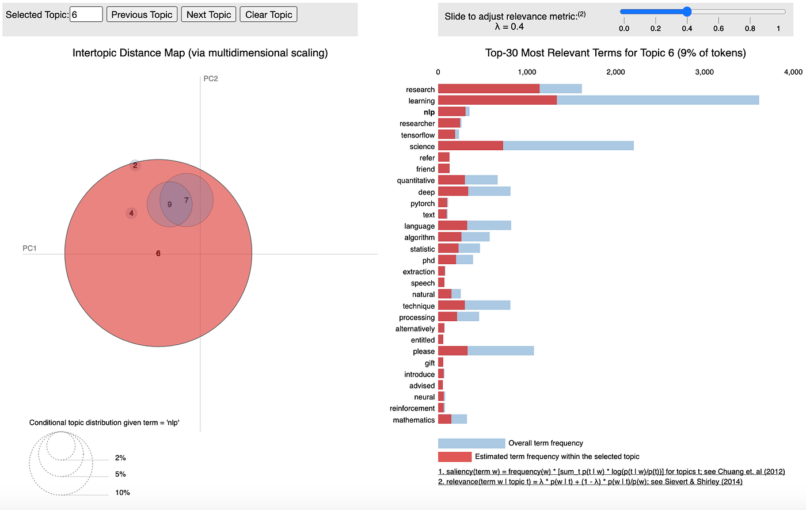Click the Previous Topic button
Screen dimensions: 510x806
(142, 14)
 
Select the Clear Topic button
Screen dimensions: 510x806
(268, 14)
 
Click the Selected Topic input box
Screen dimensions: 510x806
(86, 14)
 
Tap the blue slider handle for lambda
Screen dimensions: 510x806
(687, 12)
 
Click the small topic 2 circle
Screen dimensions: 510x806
(135, 165)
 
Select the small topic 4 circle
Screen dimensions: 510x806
(131, 213)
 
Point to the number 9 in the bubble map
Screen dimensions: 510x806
(169, 204)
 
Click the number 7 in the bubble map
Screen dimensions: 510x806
(187, 200)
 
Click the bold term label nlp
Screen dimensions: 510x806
(429, 112)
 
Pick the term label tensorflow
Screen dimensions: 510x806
(418, 135)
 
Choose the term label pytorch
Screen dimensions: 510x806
(423, 204)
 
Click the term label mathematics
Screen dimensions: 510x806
(414, 420)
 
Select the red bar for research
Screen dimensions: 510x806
(489, 89)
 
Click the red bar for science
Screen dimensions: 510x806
(470, 146)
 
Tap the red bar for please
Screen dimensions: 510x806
(453, 351)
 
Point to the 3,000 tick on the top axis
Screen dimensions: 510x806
(704, 72)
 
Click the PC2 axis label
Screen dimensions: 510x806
(211, 79)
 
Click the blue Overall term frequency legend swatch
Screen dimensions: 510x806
(471, 443)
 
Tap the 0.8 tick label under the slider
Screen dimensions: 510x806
(750, 28)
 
